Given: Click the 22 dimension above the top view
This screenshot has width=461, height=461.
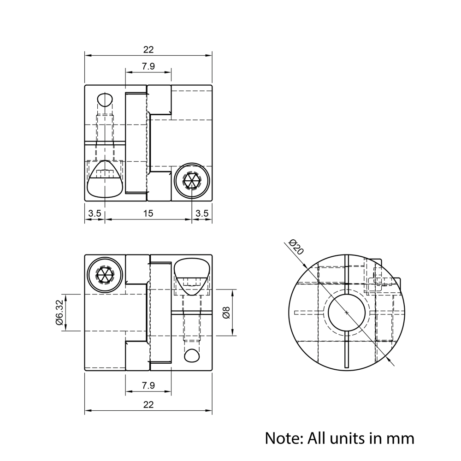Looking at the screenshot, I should click(148, 50).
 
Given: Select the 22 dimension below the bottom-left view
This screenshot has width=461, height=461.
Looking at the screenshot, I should click(148, 405).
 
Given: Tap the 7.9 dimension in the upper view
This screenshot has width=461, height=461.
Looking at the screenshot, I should click(148, 66).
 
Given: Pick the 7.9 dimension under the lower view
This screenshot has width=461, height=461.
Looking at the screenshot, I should click(148, 385).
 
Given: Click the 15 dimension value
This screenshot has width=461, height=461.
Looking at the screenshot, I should click(148, 213).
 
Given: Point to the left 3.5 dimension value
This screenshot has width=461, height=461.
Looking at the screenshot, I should click(95, 213).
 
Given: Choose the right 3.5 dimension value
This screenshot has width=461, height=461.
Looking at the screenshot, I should click(202, 213).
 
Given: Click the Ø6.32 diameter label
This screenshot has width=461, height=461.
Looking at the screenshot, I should click(59, 312).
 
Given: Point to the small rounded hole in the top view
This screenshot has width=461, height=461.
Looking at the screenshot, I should click(105, 100).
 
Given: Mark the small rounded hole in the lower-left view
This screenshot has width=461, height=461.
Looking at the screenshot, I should click(192, 355).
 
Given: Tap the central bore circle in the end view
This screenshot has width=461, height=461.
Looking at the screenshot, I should click(347, 312).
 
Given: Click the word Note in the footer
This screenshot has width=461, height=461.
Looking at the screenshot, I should click(281, 437).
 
